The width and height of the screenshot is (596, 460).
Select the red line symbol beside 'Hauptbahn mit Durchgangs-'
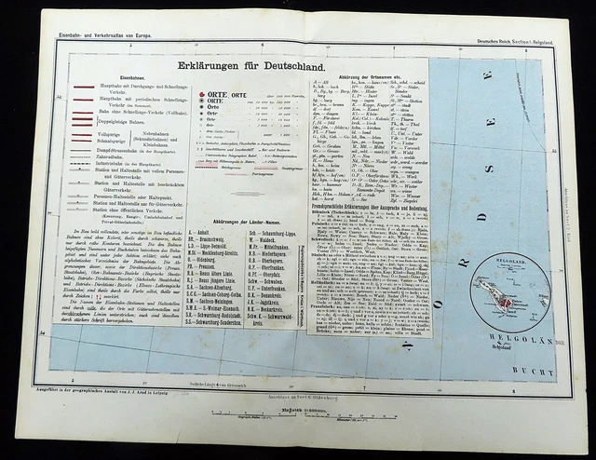coord(82,84)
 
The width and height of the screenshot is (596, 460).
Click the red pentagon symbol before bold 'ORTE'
coord(201,96)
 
